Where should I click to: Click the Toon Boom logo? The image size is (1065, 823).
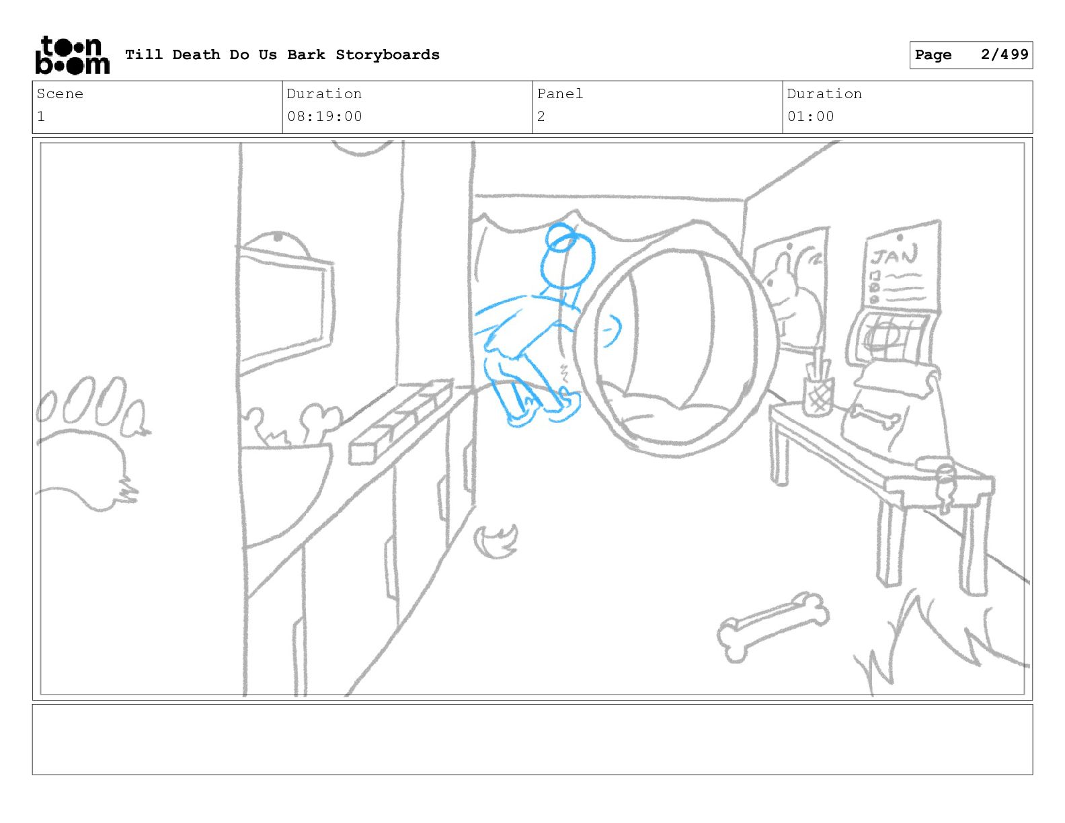73,55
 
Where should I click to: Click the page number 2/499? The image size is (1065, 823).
1004,54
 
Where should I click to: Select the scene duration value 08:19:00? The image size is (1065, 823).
325,117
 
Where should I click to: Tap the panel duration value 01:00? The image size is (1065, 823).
811,117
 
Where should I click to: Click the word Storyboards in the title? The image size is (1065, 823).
387,55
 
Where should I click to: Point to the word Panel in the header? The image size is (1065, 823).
559,93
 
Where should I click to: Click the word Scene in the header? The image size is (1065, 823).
60,93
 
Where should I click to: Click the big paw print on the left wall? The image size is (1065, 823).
91,441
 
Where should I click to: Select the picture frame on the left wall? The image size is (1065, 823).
284,309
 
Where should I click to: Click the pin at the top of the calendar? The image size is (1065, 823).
900,238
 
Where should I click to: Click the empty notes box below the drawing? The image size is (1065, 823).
532,739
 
